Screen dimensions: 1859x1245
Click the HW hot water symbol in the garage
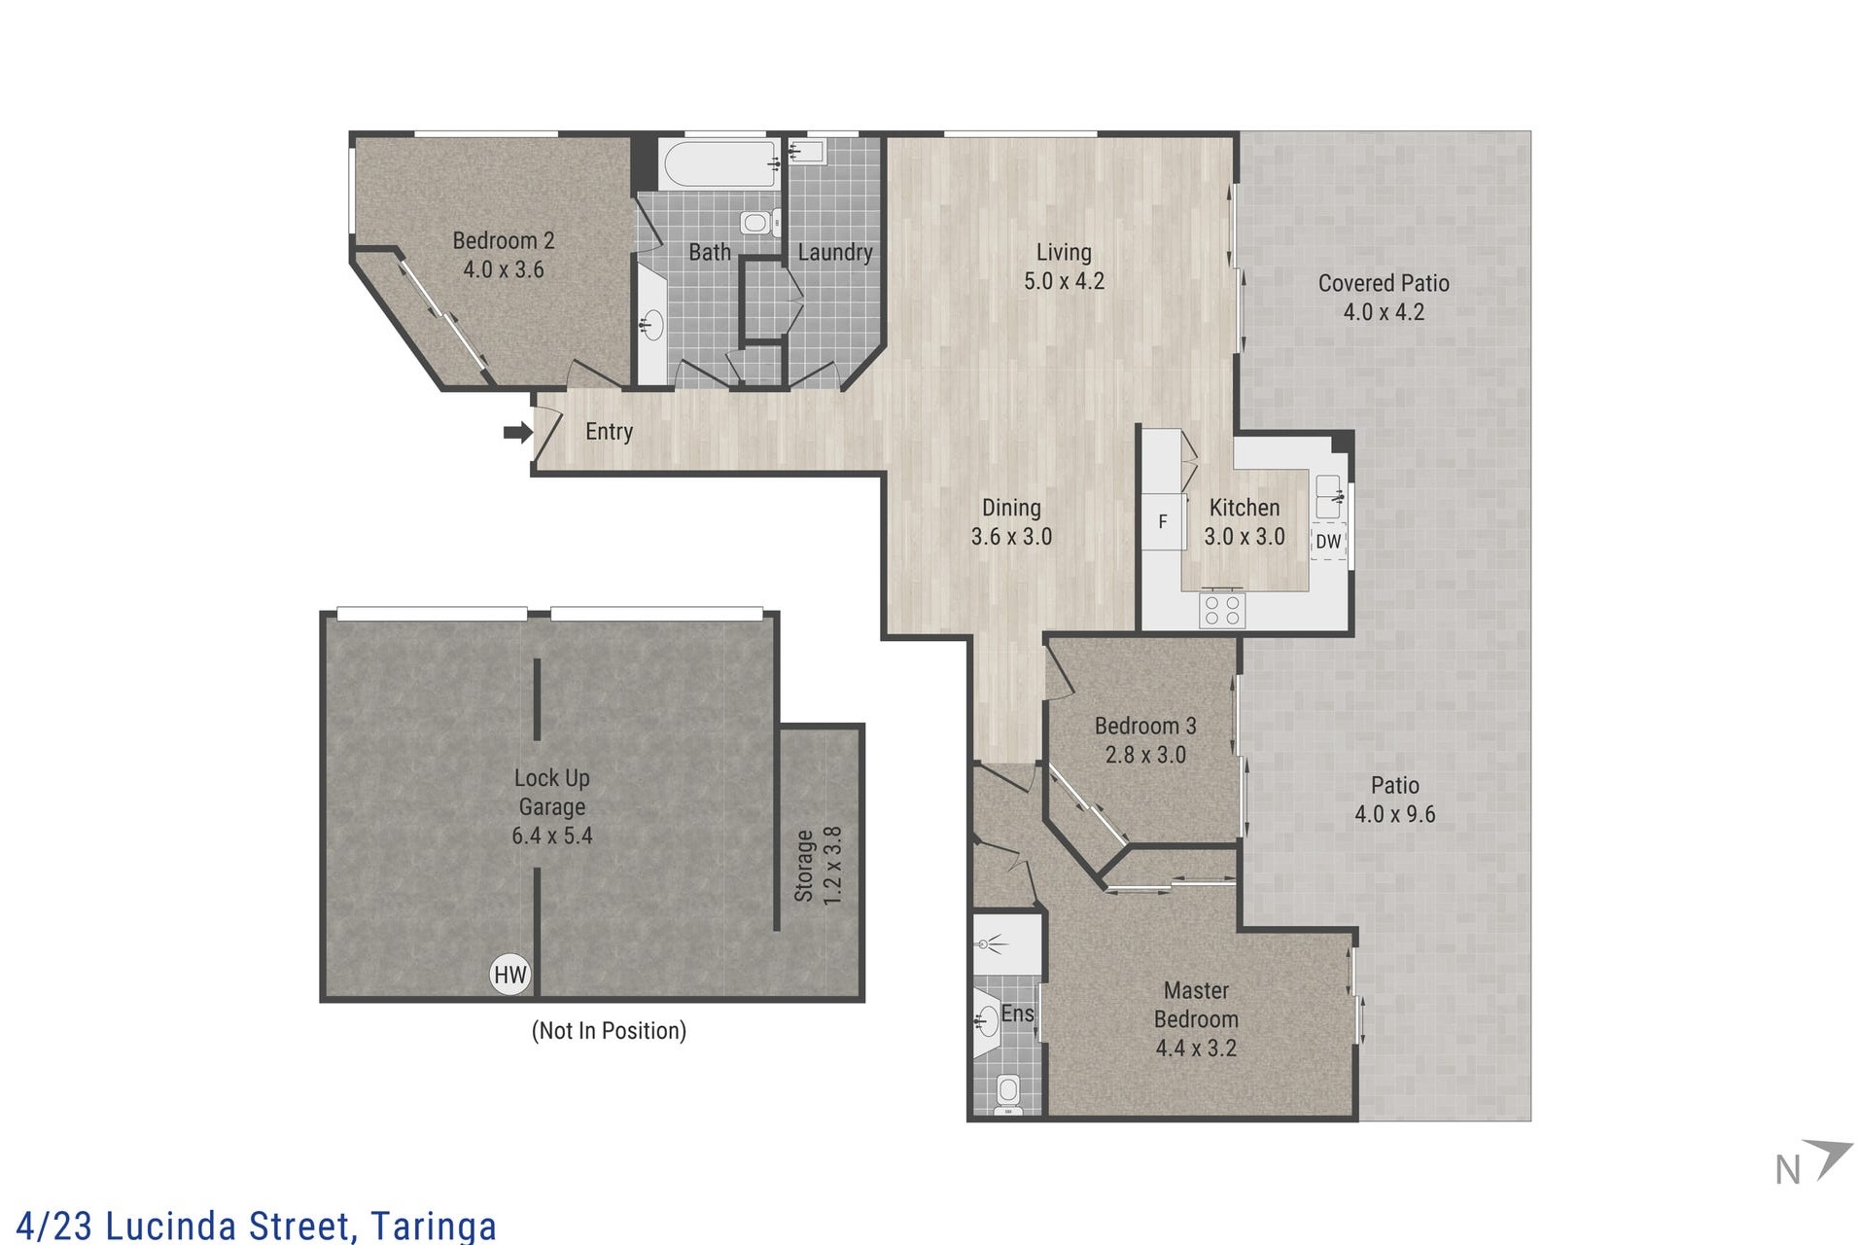pos(509,975)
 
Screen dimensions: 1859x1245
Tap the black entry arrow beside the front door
pos(517,432)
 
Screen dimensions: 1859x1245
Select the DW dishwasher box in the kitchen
pos(1328,542)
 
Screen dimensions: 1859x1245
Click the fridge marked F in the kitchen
pos(1163,521)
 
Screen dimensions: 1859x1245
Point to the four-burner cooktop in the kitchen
pos(1222,610)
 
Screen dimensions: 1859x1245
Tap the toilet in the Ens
pos(1008,1093)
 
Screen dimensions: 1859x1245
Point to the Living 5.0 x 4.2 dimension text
pos(1064,281)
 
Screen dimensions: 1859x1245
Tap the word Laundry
pos(834,253)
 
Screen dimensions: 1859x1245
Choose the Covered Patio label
pos(1384,283)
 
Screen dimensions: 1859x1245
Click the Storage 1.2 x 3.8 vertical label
pos(819,866)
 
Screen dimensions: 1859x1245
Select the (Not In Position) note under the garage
pos(609,1031)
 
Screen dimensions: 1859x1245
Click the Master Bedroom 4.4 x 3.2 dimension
pos(1196,1049)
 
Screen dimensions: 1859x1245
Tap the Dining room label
pos(1011,508)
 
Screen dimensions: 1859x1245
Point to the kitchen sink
pos(1329,497)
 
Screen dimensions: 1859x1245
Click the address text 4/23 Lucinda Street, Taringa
pos(257,1226)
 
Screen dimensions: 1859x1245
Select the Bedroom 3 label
pos(1145,726)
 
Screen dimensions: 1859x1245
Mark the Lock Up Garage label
pos(552,792)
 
